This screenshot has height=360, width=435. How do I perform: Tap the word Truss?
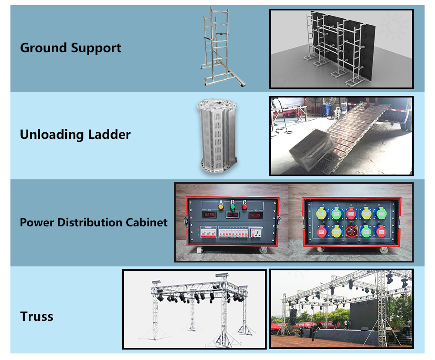tap(37, 316)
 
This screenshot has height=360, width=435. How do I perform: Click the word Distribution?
tap(90, 222)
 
